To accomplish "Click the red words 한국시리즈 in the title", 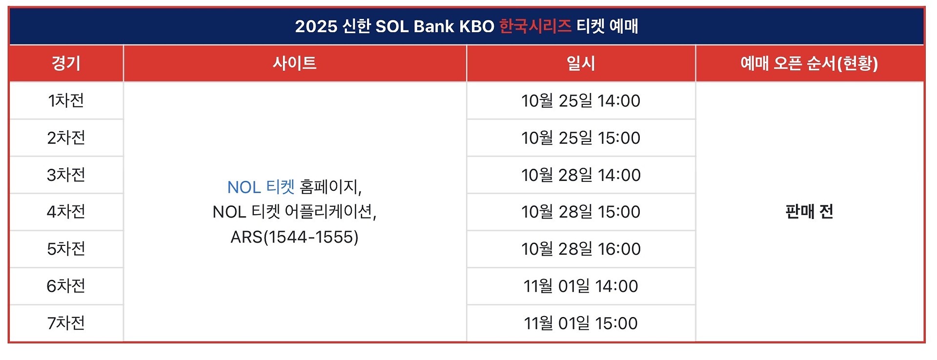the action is tap(535, 26).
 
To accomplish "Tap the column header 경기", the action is tap(66, 63).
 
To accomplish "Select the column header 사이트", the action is tap(295, 63).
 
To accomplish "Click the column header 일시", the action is tap(581, 63).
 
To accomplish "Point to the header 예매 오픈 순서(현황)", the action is tap(809, 63).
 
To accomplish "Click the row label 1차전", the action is tap(66, 100).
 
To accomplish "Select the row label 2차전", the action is tap(66, 138).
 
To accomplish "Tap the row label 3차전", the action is tap(66, 175).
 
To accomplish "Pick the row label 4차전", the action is tap(66, 212).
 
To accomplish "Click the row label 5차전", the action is tap(66, 249).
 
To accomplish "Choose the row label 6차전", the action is tap(66, 286).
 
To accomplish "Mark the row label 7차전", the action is tap(66, 323).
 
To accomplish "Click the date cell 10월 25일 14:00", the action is tap(581, 100).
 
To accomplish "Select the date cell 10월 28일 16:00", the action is tap(581, 249).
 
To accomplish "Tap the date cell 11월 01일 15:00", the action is tap(581, 323).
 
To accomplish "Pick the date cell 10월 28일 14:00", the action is tap(581, 175).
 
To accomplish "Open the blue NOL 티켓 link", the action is tap(261, 187).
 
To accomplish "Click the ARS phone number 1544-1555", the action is tap(311, 237).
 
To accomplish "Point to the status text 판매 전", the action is tap(809, 212).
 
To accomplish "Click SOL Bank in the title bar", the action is tap(415, 26).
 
